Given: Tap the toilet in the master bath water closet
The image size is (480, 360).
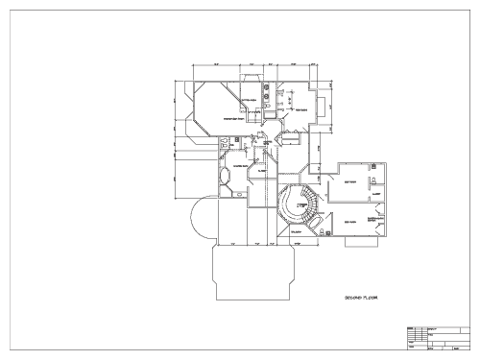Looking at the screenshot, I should (223, 144).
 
